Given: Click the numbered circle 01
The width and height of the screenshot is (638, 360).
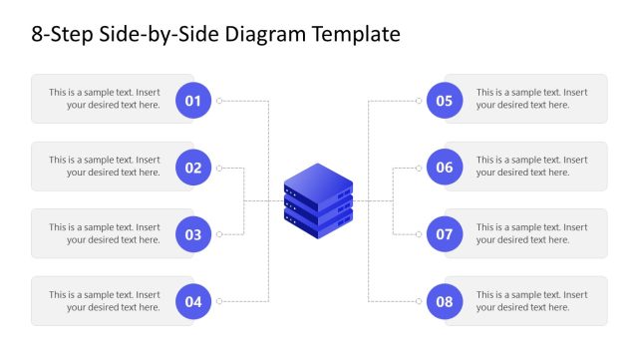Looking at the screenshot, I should pyautogui.click(x=193, y=100).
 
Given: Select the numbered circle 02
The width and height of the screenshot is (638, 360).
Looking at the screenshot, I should pyautogui.click(x=193, y=168).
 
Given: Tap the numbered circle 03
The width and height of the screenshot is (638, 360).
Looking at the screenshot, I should pyautogui.click(x=193, y=235).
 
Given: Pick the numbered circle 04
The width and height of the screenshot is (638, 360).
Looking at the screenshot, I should pyautogui.click(x=193, y=302).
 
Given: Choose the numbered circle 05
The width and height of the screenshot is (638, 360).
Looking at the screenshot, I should pyautogui.click(x=445, y=100).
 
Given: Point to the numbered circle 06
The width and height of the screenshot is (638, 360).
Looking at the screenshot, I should pyautogui.click(x=445, y=168).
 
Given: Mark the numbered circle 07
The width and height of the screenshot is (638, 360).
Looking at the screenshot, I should pyautogui.click(x=445, y=235).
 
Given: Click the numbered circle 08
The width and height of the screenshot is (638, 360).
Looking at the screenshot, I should pyautogui.click(x=445, y=302).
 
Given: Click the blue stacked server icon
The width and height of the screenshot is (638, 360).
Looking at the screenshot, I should pyautogui.click(x=318, y=200).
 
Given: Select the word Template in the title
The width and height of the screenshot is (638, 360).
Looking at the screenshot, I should pyautogui.click(x=357, y=35).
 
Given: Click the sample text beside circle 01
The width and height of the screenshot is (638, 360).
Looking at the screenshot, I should pyautogui.click(x=105, y=99).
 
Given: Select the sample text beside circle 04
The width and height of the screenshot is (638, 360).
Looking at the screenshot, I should pyautogui.click(x=105, y=301).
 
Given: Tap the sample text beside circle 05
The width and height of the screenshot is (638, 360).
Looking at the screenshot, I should pyautogui.click(x=531, y=99).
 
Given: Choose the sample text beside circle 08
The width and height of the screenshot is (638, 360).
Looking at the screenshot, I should pyautogui.click(x=531, y=301).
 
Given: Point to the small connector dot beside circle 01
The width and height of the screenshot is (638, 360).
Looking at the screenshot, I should pyautogui.click(x=219, y=100).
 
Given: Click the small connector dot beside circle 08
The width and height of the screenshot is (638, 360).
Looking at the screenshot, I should pyautogui.click(x=420, y=301).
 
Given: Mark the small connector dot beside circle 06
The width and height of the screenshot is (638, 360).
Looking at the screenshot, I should pyautogui.click(x=420, y=168).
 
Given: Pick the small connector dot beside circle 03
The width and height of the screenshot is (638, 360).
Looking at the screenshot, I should pyautogui.click(x=219, y=234).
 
